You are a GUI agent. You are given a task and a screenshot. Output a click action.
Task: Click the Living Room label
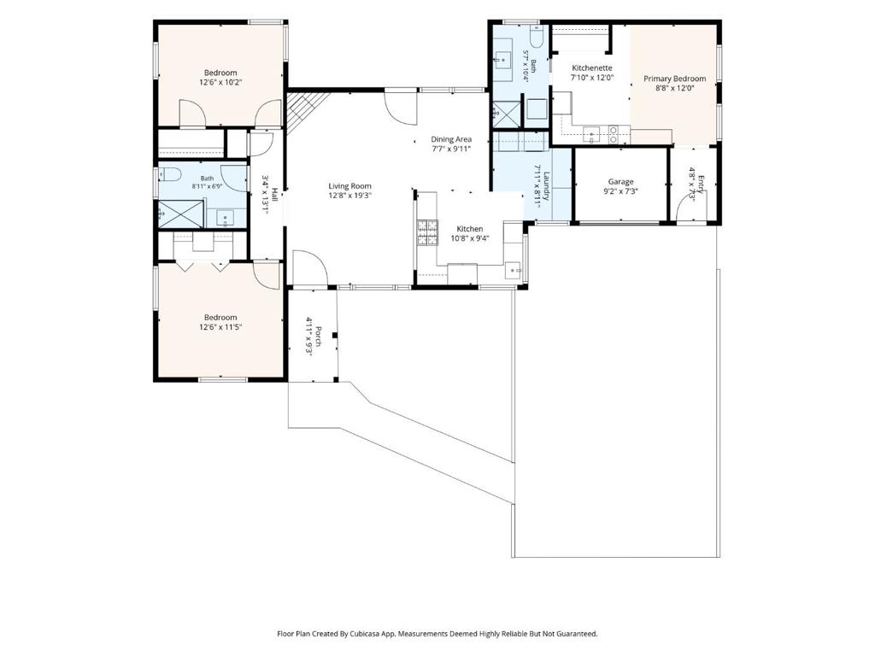click(349, 186)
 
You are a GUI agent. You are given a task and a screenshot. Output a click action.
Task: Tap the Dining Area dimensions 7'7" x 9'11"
click(451, 149)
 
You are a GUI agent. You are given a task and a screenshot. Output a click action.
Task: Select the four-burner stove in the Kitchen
click(428, 233)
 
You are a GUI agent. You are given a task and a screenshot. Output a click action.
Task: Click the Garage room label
click(620, 181)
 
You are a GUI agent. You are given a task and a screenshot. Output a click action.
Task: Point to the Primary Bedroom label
click(675, 79)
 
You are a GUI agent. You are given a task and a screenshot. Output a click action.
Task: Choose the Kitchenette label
click(592, 68)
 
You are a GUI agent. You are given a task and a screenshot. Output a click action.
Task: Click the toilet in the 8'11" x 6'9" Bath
click(169, 174)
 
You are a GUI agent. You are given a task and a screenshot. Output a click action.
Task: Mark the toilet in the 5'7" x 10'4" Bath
click(537, 37)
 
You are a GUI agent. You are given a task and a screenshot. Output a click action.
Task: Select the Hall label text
click(274, 194)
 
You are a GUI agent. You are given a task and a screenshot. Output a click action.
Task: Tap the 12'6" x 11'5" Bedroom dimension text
click(220, 327)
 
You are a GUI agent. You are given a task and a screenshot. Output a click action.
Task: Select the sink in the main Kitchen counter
click(514, 271)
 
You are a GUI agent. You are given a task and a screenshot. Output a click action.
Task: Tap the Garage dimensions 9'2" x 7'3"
click(620, 190)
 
